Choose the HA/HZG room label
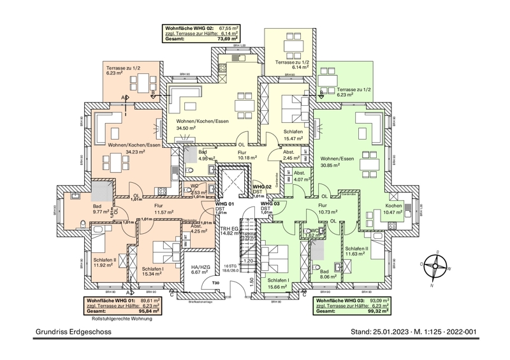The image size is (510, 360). pyautogui.click(x=200, y=267)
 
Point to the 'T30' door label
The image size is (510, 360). pyautogui.click(x=215, y=282)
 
